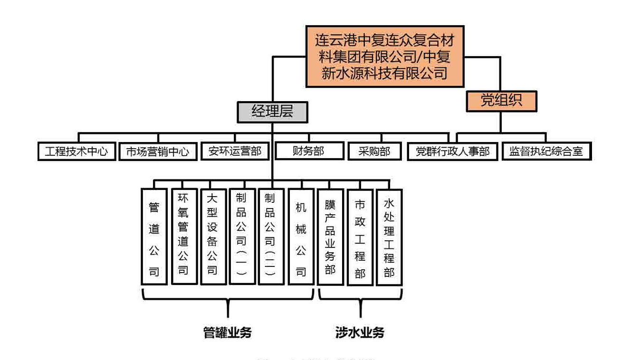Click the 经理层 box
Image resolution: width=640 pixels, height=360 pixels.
272,112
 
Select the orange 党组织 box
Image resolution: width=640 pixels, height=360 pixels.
501,101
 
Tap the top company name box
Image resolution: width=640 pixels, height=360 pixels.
384,57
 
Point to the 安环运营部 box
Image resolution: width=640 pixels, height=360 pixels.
235,152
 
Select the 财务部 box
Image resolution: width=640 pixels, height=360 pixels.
309,151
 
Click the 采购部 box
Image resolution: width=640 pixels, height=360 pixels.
374,152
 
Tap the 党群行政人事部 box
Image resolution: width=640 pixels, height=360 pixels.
452,152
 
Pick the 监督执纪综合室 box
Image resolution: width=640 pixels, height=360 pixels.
546,152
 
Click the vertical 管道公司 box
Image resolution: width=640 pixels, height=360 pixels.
154,237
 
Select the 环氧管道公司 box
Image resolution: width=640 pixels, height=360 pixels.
183,237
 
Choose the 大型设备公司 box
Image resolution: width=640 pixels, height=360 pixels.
213,237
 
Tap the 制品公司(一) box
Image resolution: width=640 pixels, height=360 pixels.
242,237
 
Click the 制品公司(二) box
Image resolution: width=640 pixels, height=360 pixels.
271,237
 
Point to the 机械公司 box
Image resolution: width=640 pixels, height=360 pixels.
301,237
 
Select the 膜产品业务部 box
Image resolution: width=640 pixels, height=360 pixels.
330,237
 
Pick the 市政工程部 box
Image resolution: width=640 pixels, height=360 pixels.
360,237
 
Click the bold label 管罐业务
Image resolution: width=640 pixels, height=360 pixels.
227,333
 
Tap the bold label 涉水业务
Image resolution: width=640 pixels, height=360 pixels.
360,333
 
